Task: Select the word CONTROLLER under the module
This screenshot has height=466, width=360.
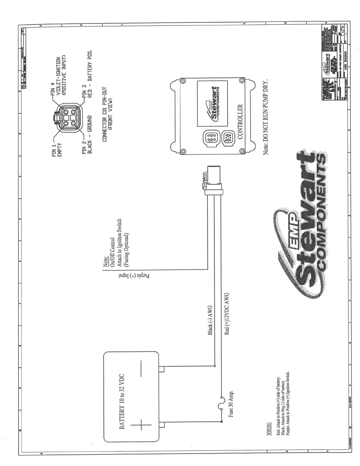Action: tap(240, 122)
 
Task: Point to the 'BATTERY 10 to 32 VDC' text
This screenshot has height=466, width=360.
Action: tap(123, 402)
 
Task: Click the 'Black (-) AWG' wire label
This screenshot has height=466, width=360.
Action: tap(210, 320)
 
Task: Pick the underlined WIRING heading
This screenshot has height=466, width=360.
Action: tap(268, 430)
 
